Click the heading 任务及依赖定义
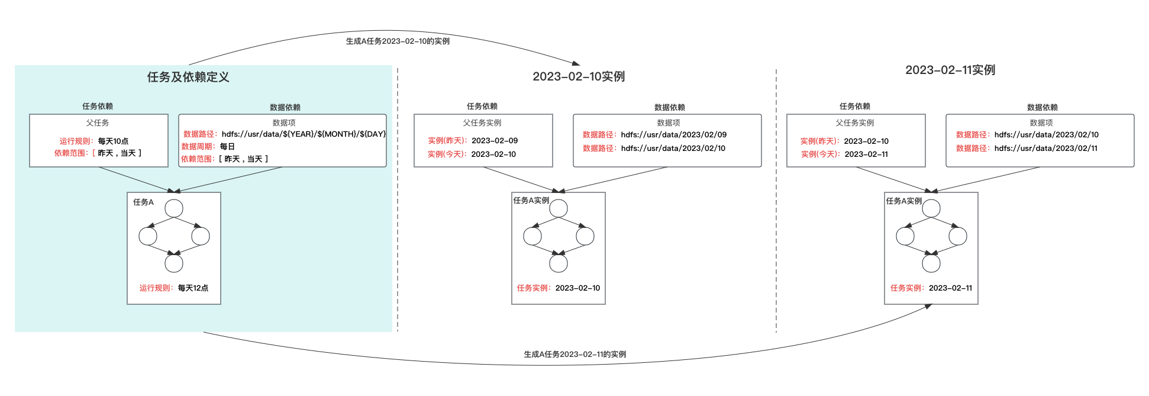[188, 77]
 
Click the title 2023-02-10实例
[579, 76]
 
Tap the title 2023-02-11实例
[950, 70]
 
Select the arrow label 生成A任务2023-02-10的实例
[398, 41]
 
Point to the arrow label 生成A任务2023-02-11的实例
[574, 354]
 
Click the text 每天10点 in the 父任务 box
[113, 141]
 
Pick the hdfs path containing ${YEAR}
[304, 134]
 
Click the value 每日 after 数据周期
[227, 146]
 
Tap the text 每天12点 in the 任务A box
[193, 288]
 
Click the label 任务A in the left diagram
[143, 202]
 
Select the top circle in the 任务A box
[174, 208]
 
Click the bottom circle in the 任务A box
[174, 263]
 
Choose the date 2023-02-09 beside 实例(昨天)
[495, 140]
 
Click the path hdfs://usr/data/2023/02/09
[674, 134]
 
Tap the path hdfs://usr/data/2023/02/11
[1046, 148]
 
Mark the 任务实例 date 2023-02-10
[577, 288]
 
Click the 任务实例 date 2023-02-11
[950, 288]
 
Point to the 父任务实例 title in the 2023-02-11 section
[855, 123]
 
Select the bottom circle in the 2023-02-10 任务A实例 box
[559, 263]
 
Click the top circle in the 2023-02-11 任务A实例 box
[931, 208]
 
